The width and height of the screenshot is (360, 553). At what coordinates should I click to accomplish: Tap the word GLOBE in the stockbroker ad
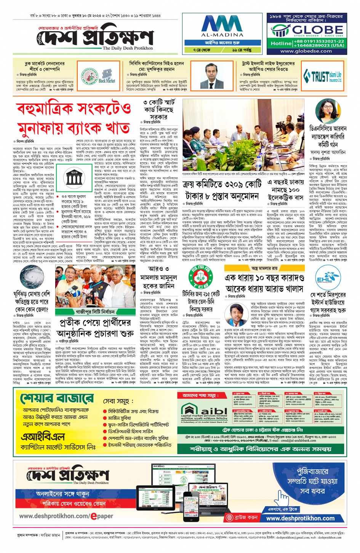(312, 29)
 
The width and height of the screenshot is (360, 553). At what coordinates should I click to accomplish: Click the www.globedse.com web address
(306, 51)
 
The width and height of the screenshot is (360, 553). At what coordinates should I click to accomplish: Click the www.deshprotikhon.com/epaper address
(66, 516)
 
